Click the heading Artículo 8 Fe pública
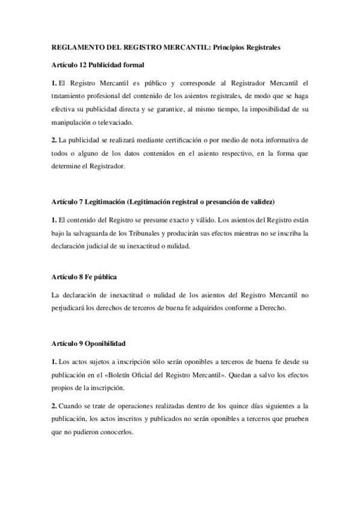(84, 277)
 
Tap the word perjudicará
(72, 308)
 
